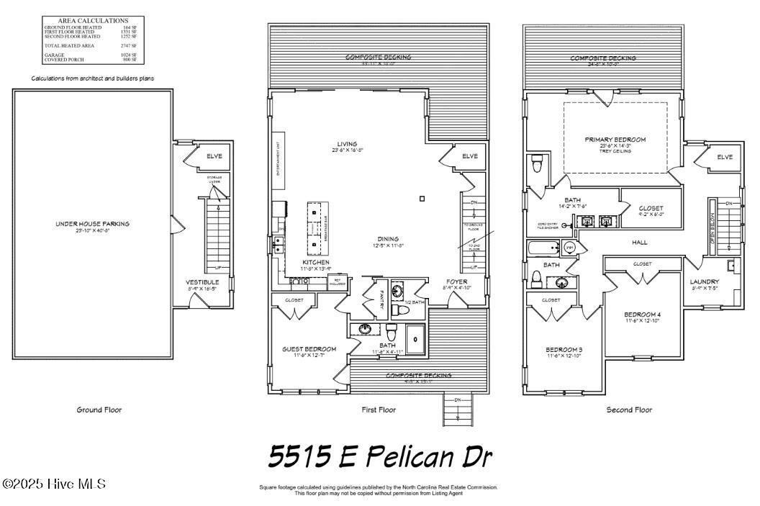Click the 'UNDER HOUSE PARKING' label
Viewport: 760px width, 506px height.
pyautogui.click(x=93, y=224)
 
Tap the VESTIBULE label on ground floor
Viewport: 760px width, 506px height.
pyautogui.click(x=202, y=282)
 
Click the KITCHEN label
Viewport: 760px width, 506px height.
pyautogui.click(x=316, y=262)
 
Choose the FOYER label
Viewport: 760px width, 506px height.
pyautogui.click(x=457, y=282)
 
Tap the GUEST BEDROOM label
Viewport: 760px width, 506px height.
pyautogui.click(x=309, y=349)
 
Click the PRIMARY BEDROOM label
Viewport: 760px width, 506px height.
pyautogui.click(x=615, y=139)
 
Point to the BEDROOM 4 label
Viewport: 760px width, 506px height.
pyautogui.click(x=641, y=315)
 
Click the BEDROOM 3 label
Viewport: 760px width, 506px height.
pyautogui.click(x=564, y=350)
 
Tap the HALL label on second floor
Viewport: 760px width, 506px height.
pyautogui.click(x=640, y=243)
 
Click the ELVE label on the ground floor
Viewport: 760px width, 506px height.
pyautogui.click(x=214, y=156)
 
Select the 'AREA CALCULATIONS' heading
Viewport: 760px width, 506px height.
pyautogui.click(x=92, y=21)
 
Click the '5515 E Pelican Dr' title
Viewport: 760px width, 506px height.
pyautogui.click(x=380, y=455)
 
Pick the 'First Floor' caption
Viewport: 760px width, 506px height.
pyautogui.click(x=379, y=410)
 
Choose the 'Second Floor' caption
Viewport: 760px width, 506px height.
pyautogui.click(x=629, y=410)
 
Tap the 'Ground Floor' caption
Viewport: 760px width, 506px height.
pyautogui.click(x=99, y=410)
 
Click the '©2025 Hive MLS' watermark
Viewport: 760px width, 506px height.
pyautogui.click(x=54, y=484)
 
